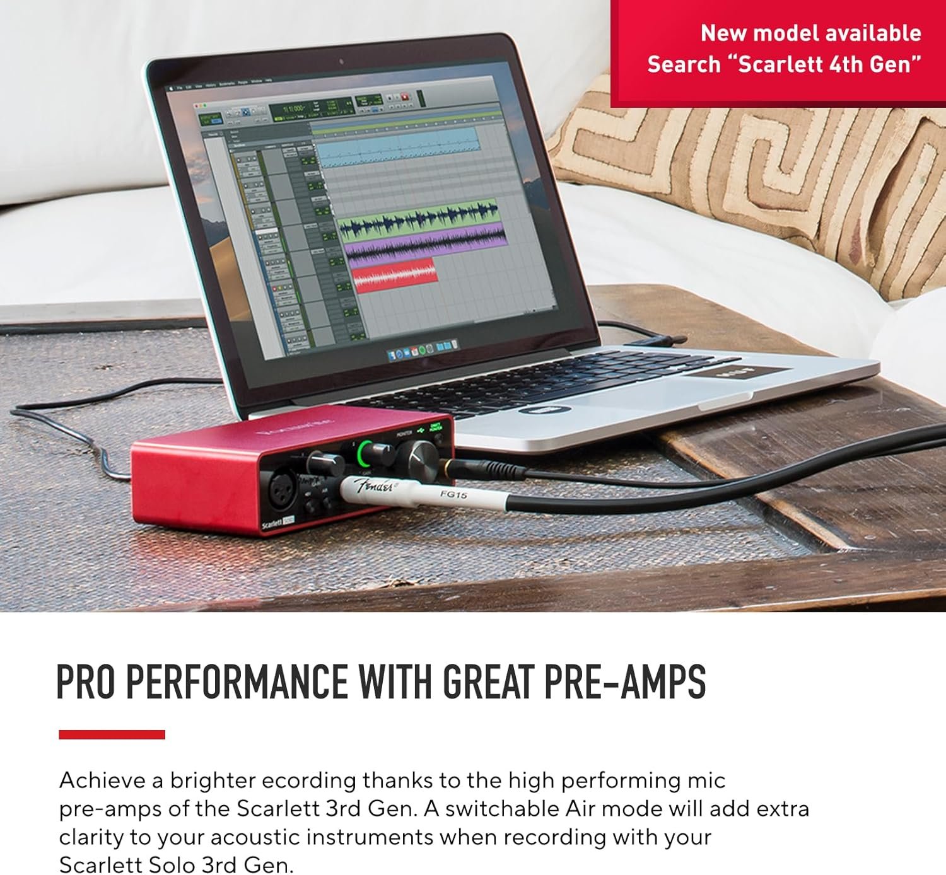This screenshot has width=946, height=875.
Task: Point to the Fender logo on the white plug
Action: pyautogui.click(x=376, y=487)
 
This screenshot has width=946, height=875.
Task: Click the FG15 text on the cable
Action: pyautogui.click(x=453, y=495)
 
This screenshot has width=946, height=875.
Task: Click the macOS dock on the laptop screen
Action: pyautogui.click(x=422, y=348)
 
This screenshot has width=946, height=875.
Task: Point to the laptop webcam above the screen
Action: pyautogui.click(x=341, y=62)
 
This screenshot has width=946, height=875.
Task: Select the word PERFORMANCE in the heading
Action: pyautogui.click(x=237, y=681)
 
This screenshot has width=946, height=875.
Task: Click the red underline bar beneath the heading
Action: pyautogui.click(x=112, y=734)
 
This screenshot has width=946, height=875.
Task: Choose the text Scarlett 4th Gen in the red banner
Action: pyautogui.click(x=829, y=64)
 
